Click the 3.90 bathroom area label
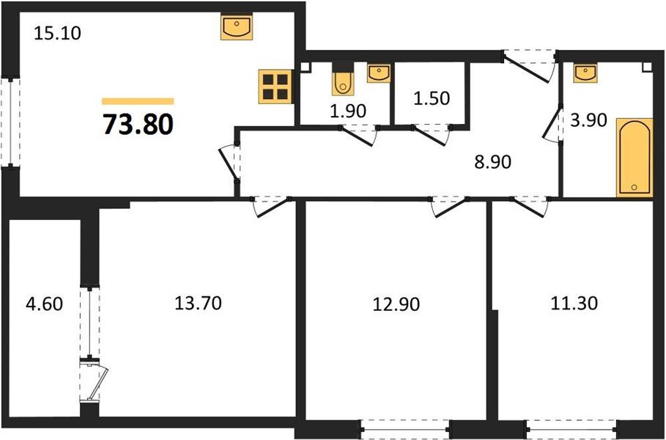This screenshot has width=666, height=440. tap(588, 120)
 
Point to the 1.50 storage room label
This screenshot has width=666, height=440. tap(430, 98)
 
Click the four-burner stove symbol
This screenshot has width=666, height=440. tap(275, 87)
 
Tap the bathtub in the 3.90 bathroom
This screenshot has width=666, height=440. tap(634, 157)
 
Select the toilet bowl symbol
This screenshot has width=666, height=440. tap(343, 83)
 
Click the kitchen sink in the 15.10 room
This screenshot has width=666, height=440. tap(237, 28)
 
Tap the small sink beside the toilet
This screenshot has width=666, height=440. tap(378, 73)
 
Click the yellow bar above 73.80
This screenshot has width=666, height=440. tap(138, 101)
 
